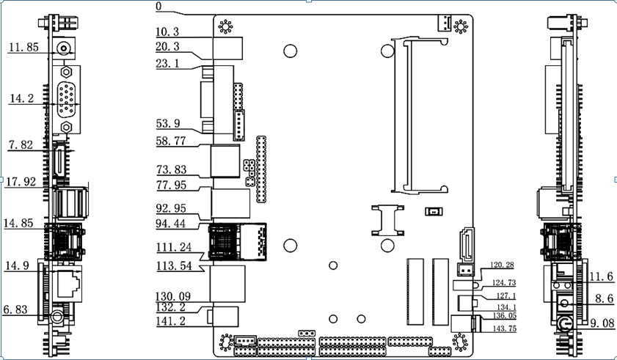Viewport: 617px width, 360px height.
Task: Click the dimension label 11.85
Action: (23, 48)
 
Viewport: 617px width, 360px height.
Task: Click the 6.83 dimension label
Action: (15, 310)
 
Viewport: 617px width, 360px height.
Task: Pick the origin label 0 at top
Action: (159, 7)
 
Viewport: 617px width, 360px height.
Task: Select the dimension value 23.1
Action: (168, 64)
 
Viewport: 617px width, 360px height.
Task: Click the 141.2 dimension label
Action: (170, 320)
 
